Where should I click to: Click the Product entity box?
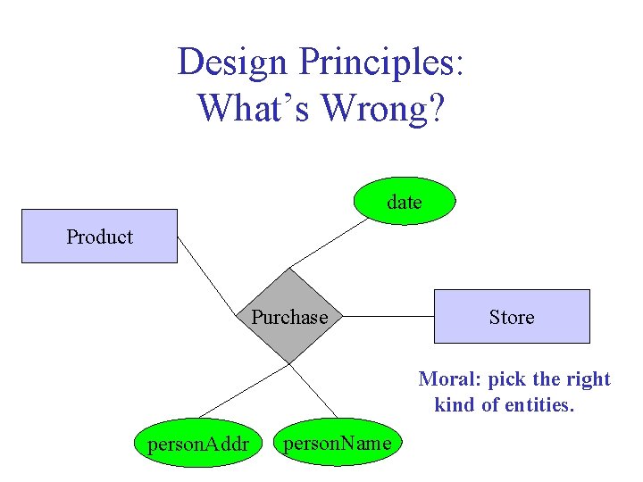coord(99,237)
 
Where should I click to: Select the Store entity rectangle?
coord(512,317)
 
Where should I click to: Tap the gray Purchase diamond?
coord(288,317)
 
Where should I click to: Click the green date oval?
coord(405,203)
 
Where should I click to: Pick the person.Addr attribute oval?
coord(198,442)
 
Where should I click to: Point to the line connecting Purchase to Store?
coord(388,317)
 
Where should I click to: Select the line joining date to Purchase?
coord(329,242)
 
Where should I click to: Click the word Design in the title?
coord(233,62)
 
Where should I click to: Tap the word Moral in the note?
coord(449,379)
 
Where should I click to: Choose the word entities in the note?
coord(539,405)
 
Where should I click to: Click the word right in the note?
coord(588,379)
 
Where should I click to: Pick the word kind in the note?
coord(455,405)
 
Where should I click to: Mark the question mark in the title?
coord(436,108)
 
